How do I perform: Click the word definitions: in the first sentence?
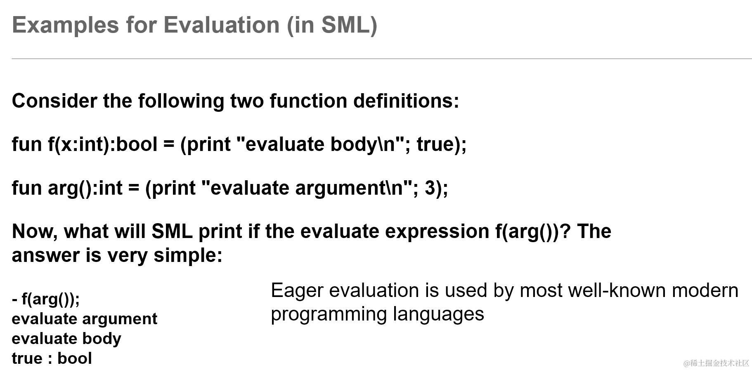click(x=406, y=101)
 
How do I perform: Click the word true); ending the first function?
click(x=442, y=144)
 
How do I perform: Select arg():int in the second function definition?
click(x=85, y=188)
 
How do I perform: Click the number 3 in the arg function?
click(x=430, y=188)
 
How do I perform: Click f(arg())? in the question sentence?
click(x=533, y=231)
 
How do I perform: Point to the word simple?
click(x=188, y=255)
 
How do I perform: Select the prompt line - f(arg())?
click(x=46, y=299)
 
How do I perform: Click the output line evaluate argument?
click(x=85, y=319)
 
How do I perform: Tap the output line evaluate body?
click(x=66, y=339)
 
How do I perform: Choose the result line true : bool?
click(x=52, y=358)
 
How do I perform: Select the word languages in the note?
click(x=438, y=315)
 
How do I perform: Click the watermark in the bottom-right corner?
click(x=716, y=363)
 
